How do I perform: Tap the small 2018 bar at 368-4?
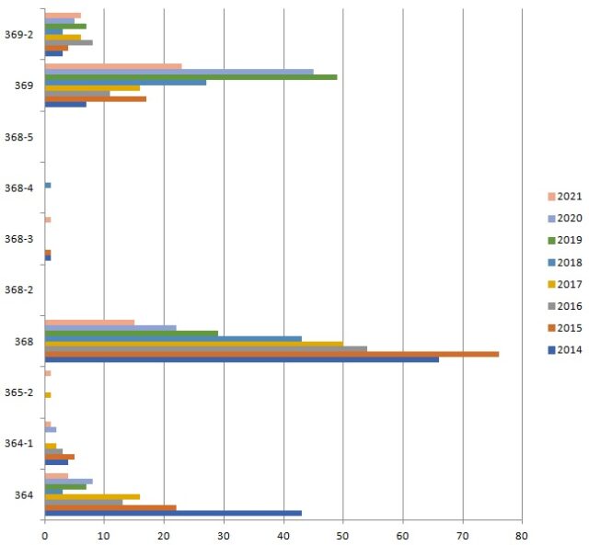(x=48, y=186)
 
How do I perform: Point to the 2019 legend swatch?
(x=541, y=240)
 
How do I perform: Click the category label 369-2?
(x=19, y=35)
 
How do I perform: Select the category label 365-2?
(x=19, y=392)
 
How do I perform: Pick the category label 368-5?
(x=19, y=137)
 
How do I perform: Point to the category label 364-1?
(x=19, y=444)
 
